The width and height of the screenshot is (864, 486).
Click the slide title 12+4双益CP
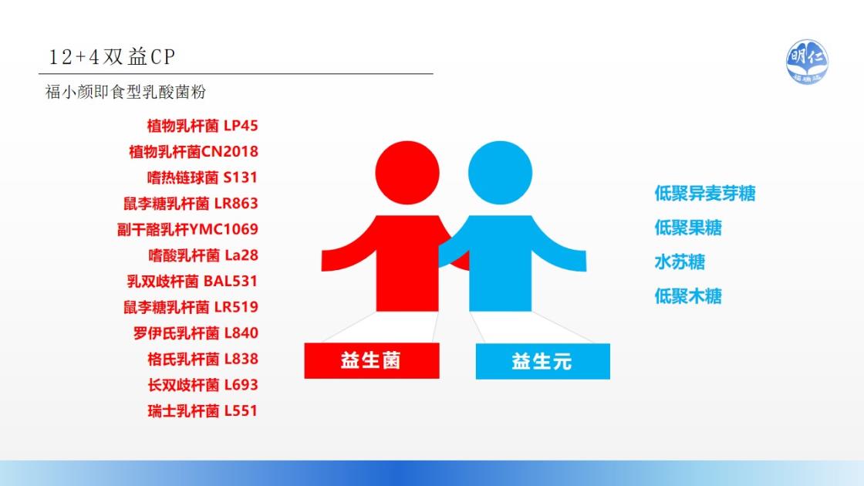[x=112, y=57]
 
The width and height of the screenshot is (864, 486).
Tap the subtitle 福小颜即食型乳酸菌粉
[x=126, y=92]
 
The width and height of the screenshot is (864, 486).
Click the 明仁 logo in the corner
[x=807, y=62]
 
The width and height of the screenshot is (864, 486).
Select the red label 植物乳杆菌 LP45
[x=202, y=126]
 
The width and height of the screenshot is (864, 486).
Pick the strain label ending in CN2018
[x=194, y=151]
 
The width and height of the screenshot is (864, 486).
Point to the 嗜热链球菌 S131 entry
[x=202, y=177]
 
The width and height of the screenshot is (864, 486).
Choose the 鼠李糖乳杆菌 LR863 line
[x=191, y=204]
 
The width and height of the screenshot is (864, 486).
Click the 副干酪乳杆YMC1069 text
[x=187, y=229]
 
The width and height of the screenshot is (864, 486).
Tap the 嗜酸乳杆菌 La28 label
[x=203, y=255]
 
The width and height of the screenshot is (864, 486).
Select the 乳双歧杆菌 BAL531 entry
[x=192, y=281]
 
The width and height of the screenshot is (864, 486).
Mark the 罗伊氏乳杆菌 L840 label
[x=196, y=332]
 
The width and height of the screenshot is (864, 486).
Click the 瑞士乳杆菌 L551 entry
[x=202, y=410]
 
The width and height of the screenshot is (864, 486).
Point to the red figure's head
[x=407, y=173]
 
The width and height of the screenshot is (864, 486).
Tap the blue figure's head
[x=501, y=173]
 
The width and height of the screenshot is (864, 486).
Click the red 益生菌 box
[x=372, y=360]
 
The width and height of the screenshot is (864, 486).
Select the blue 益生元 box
[x=543, y=361]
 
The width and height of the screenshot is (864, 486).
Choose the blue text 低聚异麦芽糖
[x=705, y=194]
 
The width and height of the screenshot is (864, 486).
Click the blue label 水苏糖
[x=680, y=262]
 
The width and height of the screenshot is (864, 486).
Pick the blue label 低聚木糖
[x=688, y=296]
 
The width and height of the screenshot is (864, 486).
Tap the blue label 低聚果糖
[x=688, y=228]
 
